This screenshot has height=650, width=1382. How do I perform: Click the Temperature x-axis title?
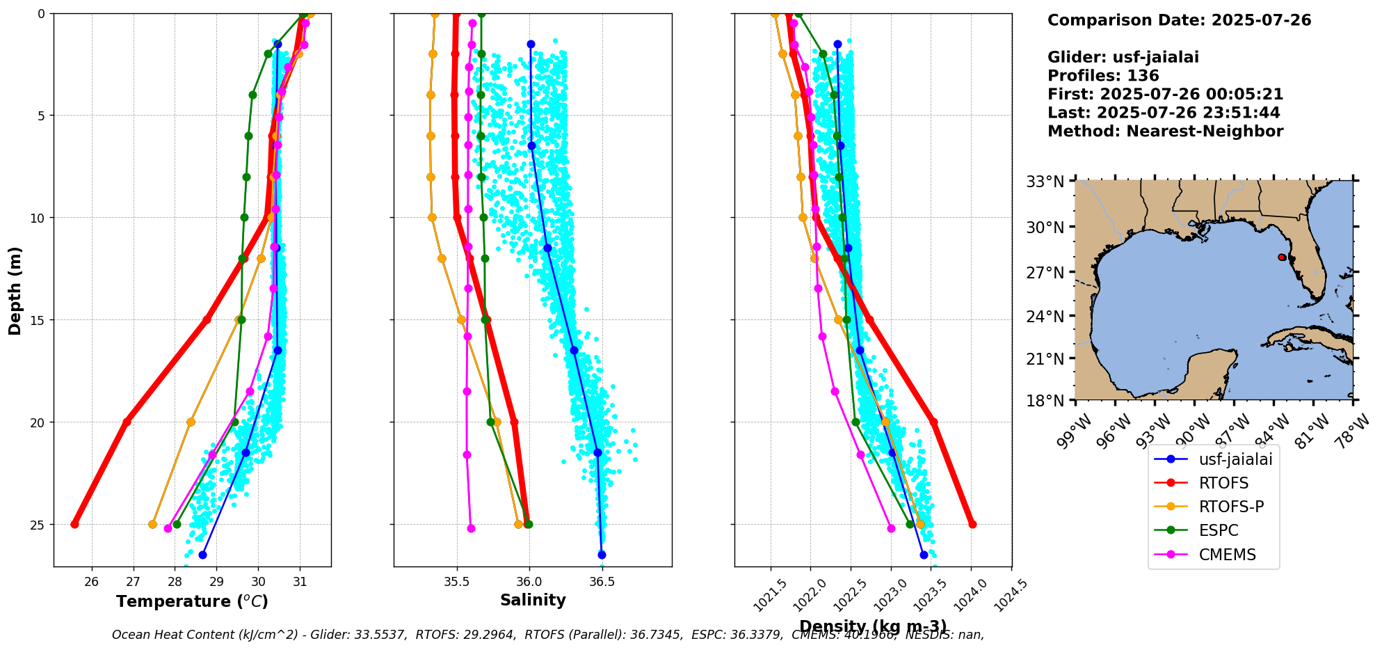(x=192, y=601)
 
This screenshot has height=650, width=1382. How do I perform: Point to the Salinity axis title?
(x=533, y=600)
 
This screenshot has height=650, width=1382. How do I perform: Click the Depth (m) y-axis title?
(x=15, y=290)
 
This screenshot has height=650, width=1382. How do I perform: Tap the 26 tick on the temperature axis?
(x=91, y=582)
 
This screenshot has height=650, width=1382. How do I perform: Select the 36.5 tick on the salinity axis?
(x=602, y=582)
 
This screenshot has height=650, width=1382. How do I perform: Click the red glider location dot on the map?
(x=1282, y=257)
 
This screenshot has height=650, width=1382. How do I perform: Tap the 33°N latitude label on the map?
(x=1045, y=182)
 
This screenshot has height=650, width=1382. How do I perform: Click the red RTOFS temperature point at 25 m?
(x=74, y=524)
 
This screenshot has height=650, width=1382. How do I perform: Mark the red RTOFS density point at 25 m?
(x=972, y=524)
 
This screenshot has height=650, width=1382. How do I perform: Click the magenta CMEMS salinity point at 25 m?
(x=471, y=528)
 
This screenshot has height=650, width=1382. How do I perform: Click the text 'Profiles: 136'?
(x=1103, y=76)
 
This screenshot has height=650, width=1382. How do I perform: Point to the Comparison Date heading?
(x=1179, y=20)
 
